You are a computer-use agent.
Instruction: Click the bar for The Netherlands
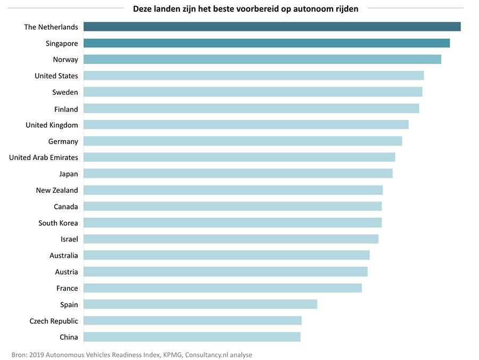coord(272,27)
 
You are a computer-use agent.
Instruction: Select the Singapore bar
coord(267,43)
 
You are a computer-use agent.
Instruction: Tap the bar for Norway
coord(262,60)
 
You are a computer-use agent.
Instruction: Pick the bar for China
coord(192,337)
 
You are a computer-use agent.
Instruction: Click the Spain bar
coord(200,304)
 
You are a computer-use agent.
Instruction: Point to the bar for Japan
coord(238,174)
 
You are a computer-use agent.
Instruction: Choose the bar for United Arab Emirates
coord(240,157)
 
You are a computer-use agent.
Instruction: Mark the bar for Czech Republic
coord(193,321)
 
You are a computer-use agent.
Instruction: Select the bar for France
coord(222,288)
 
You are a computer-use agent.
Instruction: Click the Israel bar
coord(231,239)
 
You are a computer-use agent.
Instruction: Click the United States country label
coord(56,76)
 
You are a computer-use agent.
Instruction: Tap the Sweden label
coord(65,93)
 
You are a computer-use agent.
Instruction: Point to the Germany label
coord(63,142)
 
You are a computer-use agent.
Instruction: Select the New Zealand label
coord(57,191)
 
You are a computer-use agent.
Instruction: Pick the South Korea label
coord(58,223)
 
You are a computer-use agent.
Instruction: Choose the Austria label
coord(67,272)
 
